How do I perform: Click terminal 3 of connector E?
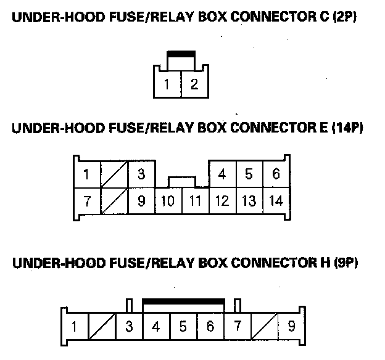point(141,174)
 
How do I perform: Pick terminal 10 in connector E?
point(168,201)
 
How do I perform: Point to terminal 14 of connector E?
point(276,201)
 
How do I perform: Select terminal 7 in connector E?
point(87,201)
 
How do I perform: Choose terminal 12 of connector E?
point(222,201)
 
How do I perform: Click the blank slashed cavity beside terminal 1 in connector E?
point(114,174)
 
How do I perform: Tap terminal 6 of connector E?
point(276,174)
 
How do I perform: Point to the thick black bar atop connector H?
point(183,301)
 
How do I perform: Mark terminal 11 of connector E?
point(195,201)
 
